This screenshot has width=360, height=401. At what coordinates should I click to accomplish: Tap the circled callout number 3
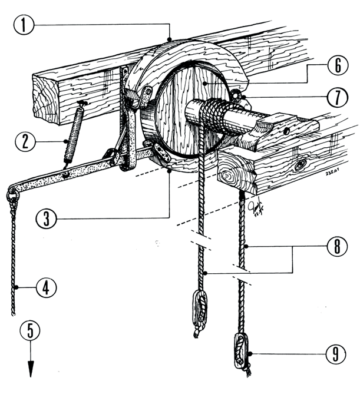(46, 219)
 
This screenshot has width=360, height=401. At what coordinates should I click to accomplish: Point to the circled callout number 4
(45, 288)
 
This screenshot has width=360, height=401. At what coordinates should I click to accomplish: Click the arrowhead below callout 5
(31, 370)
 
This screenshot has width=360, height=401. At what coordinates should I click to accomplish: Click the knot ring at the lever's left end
(12, 194)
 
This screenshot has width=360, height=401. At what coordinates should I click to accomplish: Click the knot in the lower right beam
(299, 165)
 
